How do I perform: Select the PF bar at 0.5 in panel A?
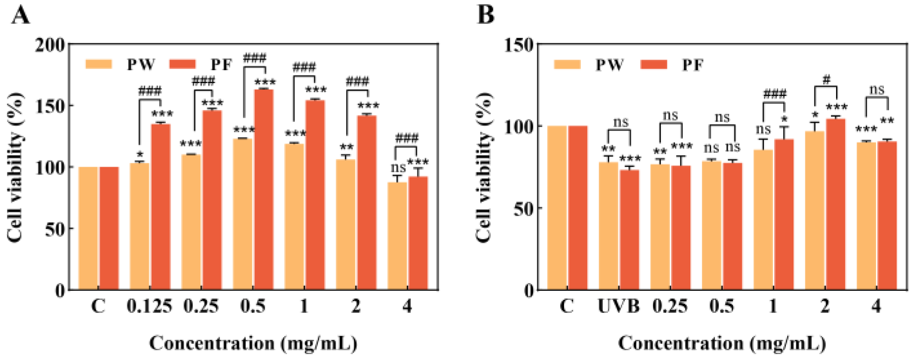(x=263, y=189)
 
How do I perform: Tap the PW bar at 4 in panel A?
(x=397, y=236)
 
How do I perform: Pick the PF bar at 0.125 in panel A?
(x=160, y=206)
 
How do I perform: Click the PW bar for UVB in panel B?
(x=608, y=226)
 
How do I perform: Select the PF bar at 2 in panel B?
(x=836, y=204)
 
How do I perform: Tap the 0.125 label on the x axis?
(x=150, y=306)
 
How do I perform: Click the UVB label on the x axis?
(x=619, y=306)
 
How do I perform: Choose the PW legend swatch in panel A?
(x=98, y=64)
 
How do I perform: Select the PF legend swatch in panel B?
(x=653, y=65)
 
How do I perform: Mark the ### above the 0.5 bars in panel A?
(x=254, y=58)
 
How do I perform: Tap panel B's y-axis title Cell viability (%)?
(x=484, y=168)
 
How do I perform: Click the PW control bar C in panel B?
(x=557, y=208)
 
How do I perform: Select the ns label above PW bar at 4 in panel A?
(x=398, y=168)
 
